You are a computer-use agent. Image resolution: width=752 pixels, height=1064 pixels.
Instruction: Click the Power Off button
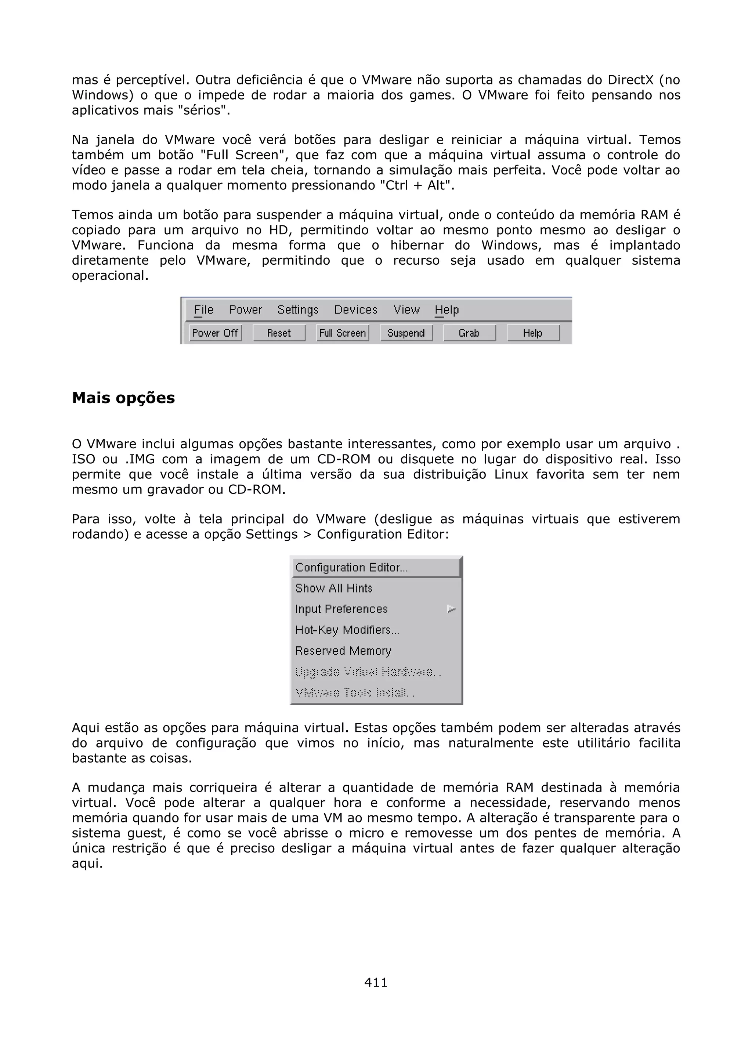click(215, 333)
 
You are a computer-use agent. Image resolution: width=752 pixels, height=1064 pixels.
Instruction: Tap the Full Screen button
click(343, 333)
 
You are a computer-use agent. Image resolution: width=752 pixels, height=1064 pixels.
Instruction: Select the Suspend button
click(406, 333)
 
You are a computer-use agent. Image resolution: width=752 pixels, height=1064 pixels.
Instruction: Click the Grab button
click(469, 333)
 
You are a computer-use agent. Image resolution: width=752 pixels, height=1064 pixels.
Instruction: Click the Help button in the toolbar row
click(532, 333)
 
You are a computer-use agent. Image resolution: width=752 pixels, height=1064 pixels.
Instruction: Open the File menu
click(203, 310)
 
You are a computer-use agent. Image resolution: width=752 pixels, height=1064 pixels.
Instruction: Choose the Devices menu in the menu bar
click(355, 310)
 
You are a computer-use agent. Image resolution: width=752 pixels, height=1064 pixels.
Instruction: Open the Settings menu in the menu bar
click(298, 310)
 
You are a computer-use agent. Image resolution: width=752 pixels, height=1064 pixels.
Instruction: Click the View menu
click(406, 310)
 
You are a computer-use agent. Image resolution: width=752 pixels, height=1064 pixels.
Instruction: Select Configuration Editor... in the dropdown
click(352, 567)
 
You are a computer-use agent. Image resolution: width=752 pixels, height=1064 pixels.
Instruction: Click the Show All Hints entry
click(334, 588)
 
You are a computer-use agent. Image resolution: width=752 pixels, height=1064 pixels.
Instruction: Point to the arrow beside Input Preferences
click(451, 609)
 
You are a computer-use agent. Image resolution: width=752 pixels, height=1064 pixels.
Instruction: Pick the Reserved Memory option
click(343, 651)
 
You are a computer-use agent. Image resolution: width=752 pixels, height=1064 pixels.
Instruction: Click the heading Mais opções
click(123, 398)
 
